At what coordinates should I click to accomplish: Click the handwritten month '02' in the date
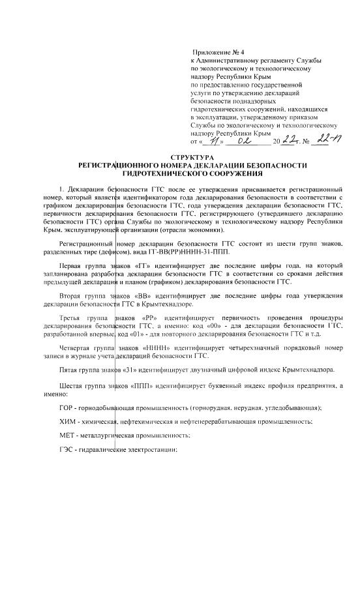coord(243,139)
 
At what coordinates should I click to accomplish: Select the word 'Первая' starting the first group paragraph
coord(71,267)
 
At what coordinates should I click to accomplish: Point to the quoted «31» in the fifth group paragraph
coord(130,370)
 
